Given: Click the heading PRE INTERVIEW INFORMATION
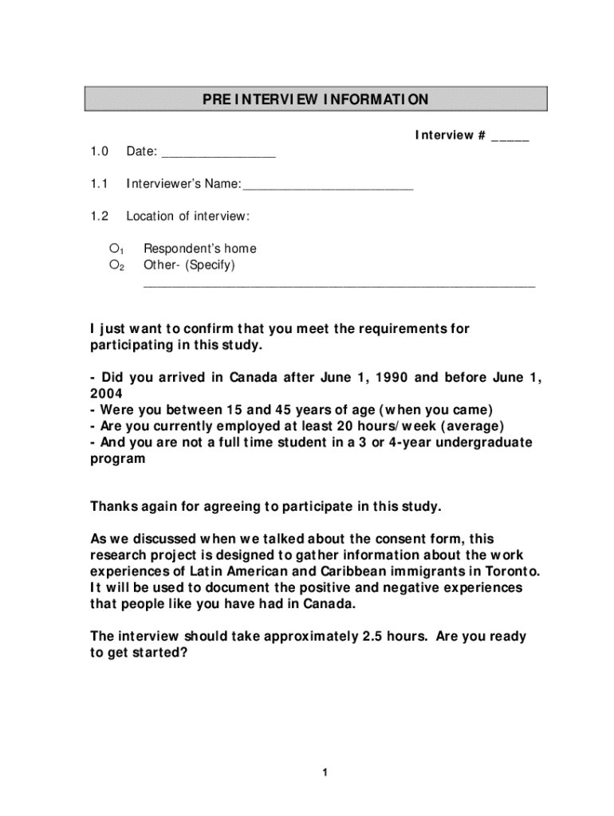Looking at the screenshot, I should tap(316, 100).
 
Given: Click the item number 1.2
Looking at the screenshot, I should tap(99, 216).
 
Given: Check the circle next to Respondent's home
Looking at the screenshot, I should tap(114, 249).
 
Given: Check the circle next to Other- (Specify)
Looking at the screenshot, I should tap(114, 265).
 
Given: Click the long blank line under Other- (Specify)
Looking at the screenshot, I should tap(339, 284).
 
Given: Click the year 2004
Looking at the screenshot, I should tap(106, 394).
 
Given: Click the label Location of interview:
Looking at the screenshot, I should tap(188, 216).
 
